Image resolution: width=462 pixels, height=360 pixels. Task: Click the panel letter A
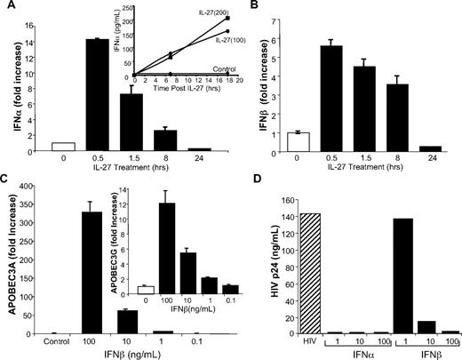tap(7, 8)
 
